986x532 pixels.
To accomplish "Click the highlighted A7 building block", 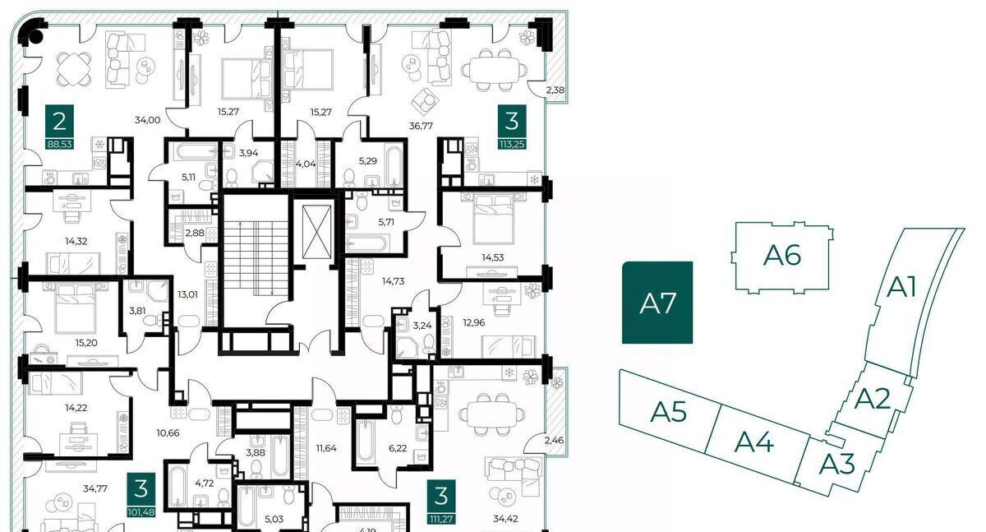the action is tap(657, 303).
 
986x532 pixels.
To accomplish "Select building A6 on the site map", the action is tap(781, 257).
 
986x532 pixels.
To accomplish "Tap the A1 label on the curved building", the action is tap(901, 287).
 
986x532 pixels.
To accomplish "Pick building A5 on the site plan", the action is tap(668, 412).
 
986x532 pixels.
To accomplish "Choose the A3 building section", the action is tap(836, 464).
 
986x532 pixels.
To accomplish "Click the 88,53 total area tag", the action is tap(59, 144).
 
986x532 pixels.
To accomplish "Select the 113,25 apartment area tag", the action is tap(512, 144).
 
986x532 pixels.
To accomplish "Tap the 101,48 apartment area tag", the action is tap(141, 512).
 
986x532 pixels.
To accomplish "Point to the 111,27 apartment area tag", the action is tap(441, 519).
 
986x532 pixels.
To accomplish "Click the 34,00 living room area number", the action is tap(147, 120).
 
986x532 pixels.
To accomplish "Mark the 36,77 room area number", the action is tap(421, 126).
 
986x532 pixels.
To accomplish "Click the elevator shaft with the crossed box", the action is tap(316, 234).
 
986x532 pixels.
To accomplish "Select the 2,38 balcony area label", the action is tap(555, 90).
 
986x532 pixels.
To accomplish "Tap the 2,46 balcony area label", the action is tap(554, 440).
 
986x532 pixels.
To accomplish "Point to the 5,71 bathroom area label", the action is tap(386, 222).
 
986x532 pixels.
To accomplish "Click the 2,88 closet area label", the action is tap(195, 233).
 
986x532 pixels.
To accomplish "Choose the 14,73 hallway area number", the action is tap(393, 281).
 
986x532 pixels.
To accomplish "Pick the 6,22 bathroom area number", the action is tap(398, 448).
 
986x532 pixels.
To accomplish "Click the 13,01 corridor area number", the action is tap(187, 294).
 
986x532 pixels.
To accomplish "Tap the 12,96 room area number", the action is tap(473, 323).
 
